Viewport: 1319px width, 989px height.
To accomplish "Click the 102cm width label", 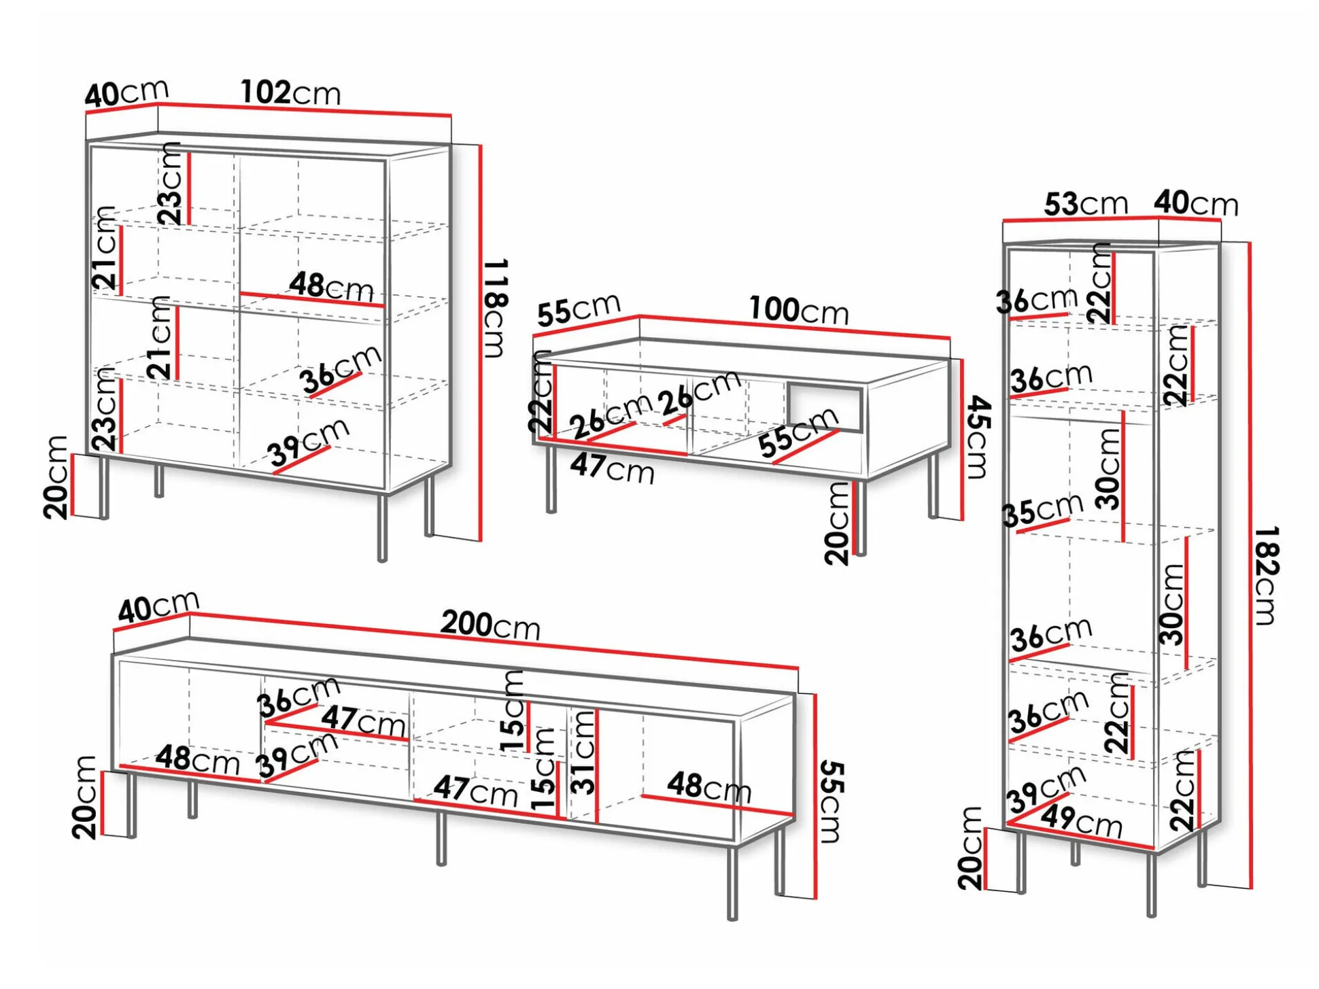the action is pos(290,92).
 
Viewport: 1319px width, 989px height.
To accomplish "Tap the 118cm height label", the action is pos(496,307).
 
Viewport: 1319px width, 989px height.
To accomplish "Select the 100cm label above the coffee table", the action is pos(799,310).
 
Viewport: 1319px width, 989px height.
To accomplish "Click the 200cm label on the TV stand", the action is pos(490,625).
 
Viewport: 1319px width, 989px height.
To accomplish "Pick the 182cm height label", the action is pos(1267,575).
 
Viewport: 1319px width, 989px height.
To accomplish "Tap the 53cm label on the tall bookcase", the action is pos(1086,203).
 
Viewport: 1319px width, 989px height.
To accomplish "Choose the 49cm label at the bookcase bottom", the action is pos(1082,821).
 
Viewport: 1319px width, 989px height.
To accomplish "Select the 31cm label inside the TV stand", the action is pos(583,752).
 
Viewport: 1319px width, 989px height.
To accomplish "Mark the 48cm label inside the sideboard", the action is pos(332,287).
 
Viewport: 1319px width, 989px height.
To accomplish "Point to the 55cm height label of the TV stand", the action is pos(832,802).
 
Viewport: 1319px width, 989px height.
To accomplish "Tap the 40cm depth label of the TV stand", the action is pos(158,606).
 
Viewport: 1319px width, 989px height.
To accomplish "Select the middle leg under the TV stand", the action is pos(441,838).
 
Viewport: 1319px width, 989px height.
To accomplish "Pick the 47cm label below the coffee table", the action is pos(612,468).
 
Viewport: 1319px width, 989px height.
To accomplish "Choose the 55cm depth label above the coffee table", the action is pos(579,309).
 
